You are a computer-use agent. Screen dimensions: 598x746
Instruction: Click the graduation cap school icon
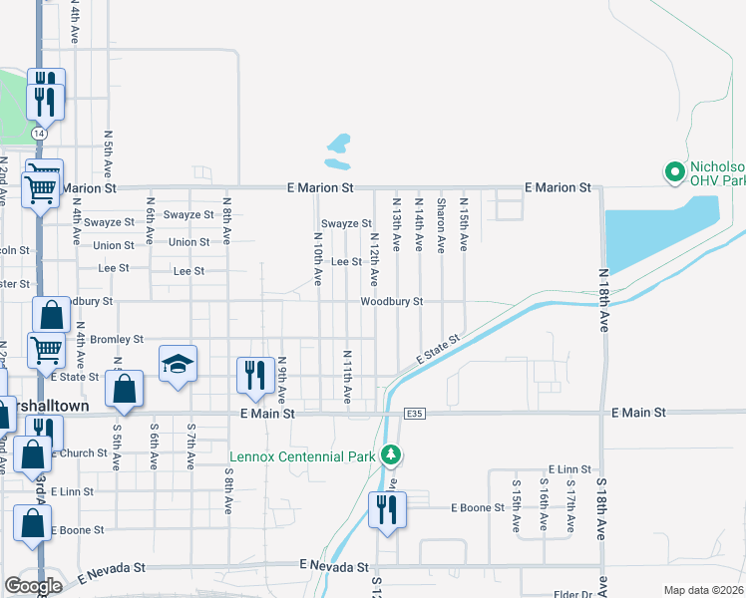tap(178, 364)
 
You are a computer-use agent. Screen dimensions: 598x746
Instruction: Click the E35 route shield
tap(415, 413)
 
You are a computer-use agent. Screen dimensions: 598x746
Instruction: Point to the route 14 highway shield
tap(38, 133)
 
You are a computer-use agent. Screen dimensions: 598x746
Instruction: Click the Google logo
tap(33, 586)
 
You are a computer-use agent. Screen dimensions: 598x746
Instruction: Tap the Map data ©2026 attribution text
tap(704, 590)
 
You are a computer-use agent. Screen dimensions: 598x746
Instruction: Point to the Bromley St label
tap(117, 340)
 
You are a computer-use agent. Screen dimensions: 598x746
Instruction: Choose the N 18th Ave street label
tap(603, 299)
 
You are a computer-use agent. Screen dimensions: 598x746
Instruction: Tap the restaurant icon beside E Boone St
tap(384, 509)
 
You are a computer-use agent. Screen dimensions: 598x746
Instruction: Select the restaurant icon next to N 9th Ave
tap(255, 375)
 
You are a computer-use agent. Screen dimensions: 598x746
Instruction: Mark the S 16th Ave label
tap(544, 508)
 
